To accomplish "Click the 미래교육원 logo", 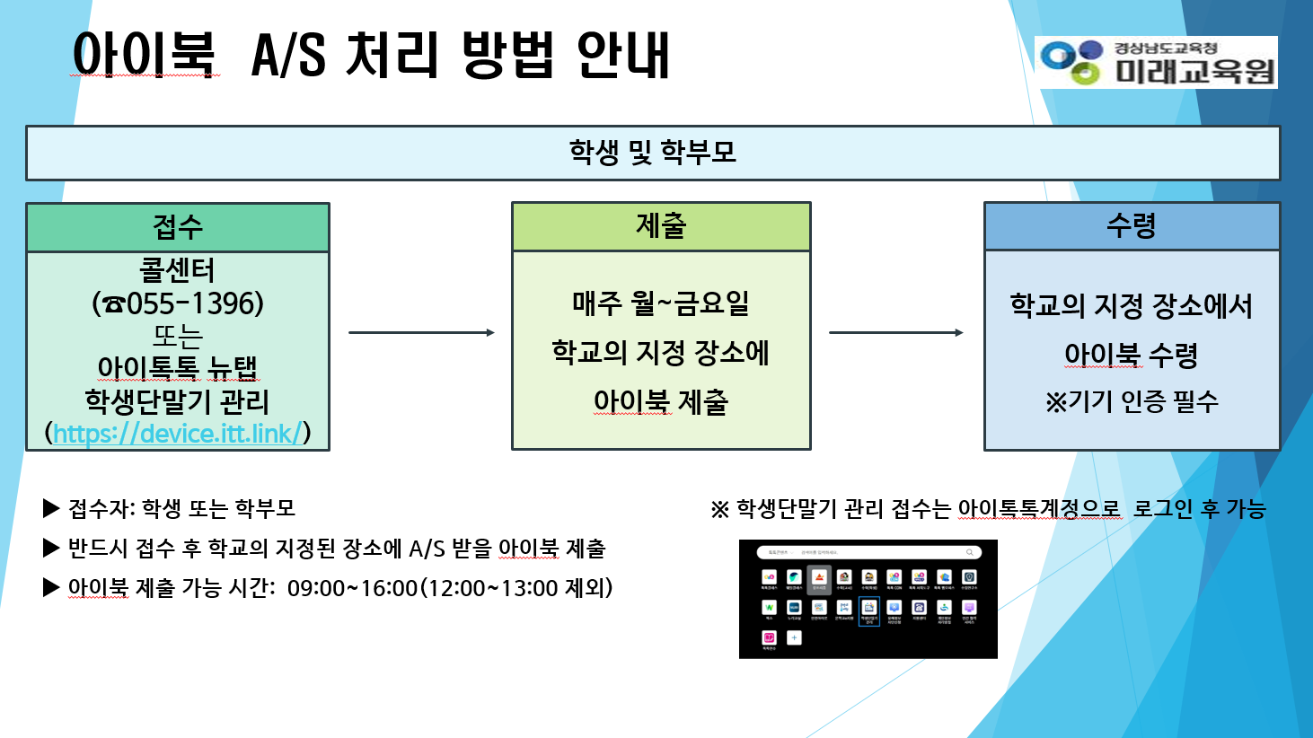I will click(x=1156, y=62).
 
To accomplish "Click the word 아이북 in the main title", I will click(x=145, y=55).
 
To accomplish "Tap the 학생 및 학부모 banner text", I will click(x=653, y=153).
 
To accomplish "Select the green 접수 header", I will click(x=178, y=227).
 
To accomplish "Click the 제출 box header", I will click(x=661, y=226).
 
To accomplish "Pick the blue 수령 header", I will click(x=1132, y=226).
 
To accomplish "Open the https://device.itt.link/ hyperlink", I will click(x=178, y=434).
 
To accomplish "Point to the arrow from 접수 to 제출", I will click(x=421, y=332).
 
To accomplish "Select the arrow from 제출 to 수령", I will click(x=896, y=332).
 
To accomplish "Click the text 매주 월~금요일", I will click(x=661, y=303).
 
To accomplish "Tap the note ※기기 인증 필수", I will click(x=1132, y=401).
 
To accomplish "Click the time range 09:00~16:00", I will click(x=352, y=588).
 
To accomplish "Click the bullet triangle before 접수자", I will click(x=51, y=509).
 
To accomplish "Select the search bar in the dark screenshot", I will click(x=868, y=552).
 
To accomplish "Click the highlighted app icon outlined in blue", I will click(x=868, y=611).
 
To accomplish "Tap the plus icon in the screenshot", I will click(x=794, y=637).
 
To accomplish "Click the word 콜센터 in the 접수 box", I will click(x=178, y=270).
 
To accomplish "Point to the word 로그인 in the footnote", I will click(x=1164, y=509).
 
